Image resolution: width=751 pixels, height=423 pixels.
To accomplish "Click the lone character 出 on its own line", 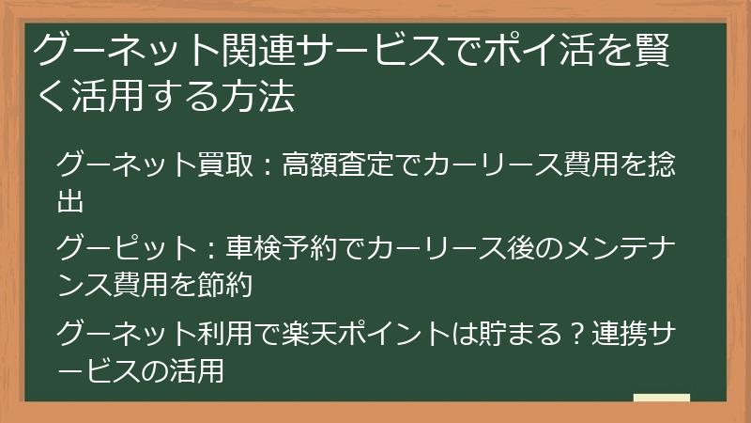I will tap(71, 199).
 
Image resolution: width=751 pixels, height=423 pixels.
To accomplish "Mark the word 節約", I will tap(222, 283).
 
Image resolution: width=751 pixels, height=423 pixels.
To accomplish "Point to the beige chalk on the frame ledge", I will tap(661, 398).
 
